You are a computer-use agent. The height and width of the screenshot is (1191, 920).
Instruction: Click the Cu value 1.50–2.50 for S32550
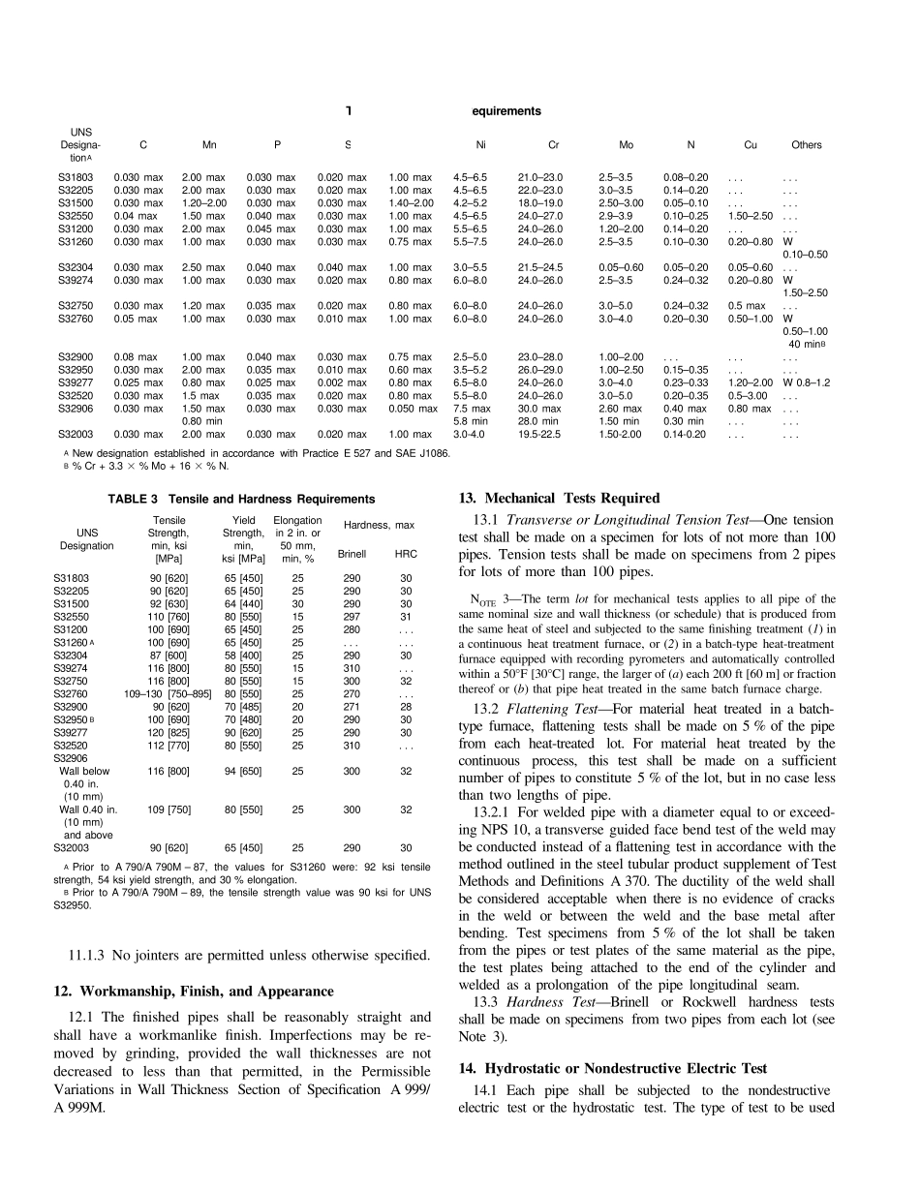750,215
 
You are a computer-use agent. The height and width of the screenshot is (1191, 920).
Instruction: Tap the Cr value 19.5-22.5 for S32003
539,435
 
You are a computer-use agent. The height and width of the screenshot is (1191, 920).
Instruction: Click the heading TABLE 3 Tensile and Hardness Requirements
239,500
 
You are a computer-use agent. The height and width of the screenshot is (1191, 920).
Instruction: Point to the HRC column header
406,554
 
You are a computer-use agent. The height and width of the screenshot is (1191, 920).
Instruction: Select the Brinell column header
352,554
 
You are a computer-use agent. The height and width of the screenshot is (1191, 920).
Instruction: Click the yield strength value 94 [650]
244,772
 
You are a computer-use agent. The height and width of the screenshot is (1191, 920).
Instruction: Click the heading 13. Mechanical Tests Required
559,499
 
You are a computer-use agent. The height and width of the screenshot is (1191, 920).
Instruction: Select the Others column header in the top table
806,145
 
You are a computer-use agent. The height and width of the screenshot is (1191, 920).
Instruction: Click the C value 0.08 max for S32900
136,357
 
